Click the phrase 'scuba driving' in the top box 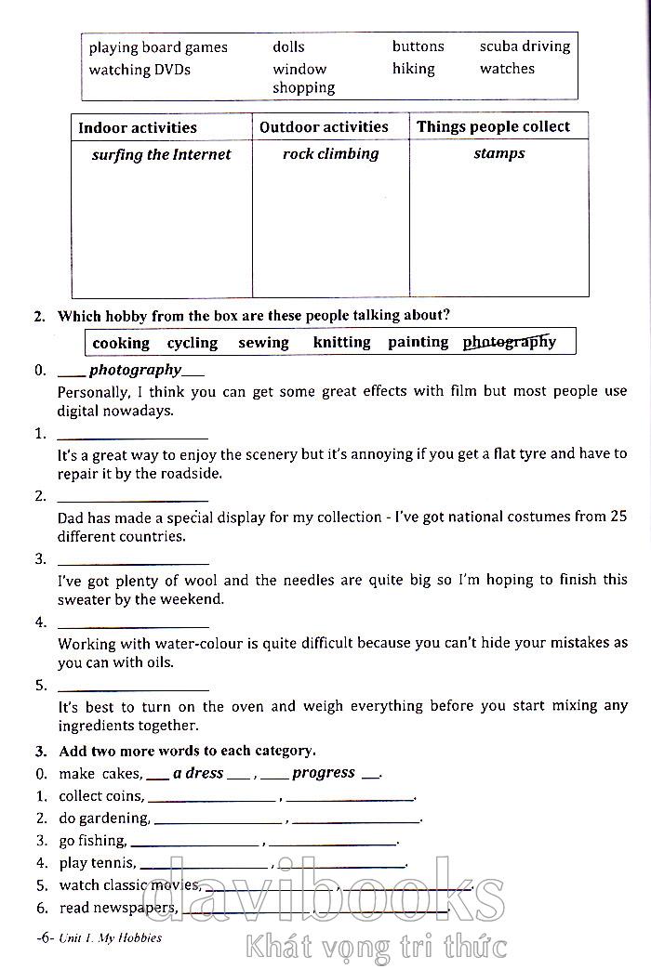525,46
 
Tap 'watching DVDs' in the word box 139,70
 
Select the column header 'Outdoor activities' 324,127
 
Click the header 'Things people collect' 493,127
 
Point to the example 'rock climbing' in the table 330,154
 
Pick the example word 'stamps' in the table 499,154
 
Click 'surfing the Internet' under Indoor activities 161,155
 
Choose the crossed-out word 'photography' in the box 510,342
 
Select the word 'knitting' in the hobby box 341,343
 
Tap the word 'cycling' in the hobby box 193,343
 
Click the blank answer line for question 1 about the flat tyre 133,437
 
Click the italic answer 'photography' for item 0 135,371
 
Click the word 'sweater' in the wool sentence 83,599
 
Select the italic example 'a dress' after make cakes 198,773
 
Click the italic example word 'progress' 324,773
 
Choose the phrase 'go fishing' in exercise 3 92,841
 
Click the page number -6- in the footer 46,937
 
